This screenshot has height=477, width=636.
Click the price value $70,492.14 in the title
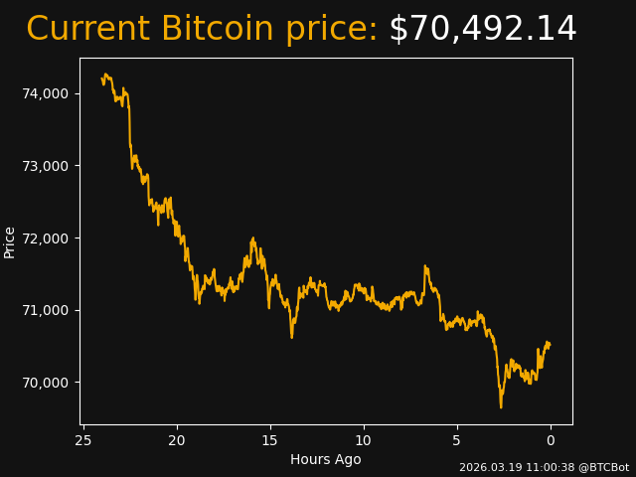pyautogui.click(x=482, y=30)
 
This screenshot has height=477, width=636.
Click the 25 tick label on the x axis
pyautogui.click(x=83, y=440)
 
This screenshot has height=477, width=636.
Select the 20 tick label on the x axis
pyautogui.click(x=177, y=440)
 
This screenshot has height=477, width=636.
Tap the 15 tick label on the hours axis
pyautogui.click(x=270, y=440)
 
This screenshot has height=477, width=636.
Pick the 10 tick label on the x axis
pyautogui.click(x=364, y=440)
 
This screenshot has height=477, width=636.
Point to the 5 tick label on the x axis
pyautogui.click(x=457, y=440)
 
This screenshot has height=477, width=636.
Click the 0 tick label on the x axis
pyautogui.click(x=551, y=440)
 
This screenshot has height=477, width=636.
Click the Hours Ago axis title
pyautogui.click(x=326, y=459)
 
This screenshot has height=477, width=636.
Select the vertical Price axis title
pyautogui.click(x=10, y=241)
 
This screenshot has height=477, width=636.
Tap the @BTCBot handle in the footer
pyautogui.click(x=603, y=467)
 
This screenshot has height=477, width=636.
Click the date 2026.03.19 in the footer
pyautogui.click(x=488, y=467)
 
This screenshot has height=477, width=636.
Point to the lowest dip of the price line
pyautogui.click(x=501, y=406)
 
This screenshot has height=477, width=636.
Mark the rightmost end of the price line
pyautogui.click(x=550, y=345)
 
